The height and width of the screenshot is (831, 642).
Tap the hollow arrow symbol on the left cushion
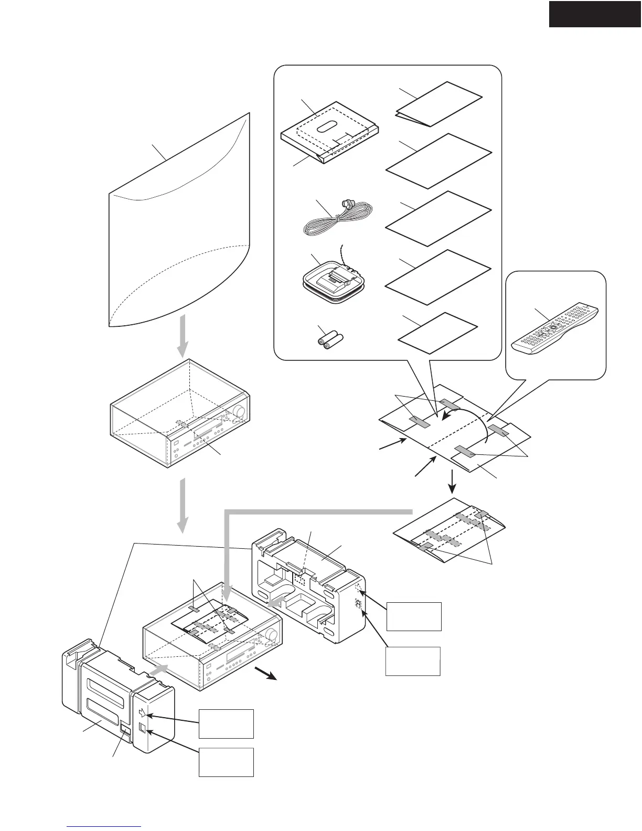pos(144,712)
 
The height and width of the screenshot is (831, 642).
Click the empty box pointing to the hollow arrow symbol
pos(226,723)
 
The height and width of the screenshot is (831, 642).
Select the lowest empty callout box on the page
pos(226,762)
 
